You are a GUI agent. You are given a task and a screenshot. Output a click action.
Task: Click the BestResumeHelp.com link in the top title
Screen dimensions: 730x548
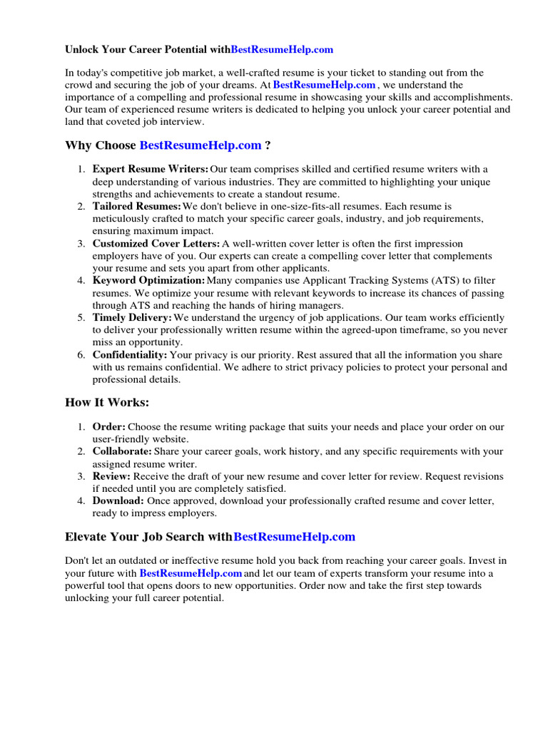click(x=282, y=50)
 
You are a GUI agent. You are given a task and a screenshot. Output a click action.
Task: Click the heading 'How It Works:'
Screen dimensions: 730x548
click(x=107, y=403)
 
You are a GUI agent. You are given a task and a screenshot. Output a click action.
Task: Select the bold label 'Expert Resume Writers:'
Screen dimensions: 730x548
click(x=151, y=169)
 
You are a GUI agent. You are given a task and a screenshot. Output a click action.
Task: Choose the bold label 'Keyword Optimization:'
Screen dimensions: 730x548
click(x=148, y=281)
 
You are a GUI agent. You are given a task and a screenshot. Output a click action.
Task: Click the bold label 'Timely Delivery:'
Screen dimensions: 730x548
click(x=132, y=317)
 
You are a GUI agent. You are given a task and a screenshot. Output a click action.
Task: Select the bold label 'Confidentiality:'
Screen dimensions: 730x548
click(x=130, y=355)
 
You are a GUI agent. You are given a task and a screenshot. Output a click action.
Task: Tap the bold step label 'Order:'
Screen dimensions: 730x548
click(x=108, y=427)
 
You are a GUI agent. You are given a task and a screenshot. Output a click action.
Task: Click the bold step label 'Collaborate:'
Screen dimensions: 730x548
click(x=122, y=451)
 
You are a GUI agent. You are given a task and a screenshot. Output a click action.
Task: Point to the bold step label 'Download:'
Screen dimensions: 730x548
click(x=118, y=501)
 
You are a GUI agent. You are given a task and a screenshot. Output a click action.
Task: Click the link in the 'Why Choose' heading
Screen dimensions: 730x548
click(x=201, y=145)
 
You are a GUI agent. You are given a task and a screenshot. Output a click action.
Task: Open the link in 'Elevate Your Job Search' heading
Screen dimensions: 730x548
click(x=294, y=537)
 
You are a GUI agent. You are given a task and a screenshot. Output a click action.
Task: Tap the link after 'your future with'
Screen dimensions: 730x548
click(x=191, y=573)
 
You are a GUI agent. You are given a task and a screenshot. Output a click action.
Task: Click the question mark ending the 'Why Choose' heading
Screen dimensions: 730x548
click(x=268, y=145)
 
